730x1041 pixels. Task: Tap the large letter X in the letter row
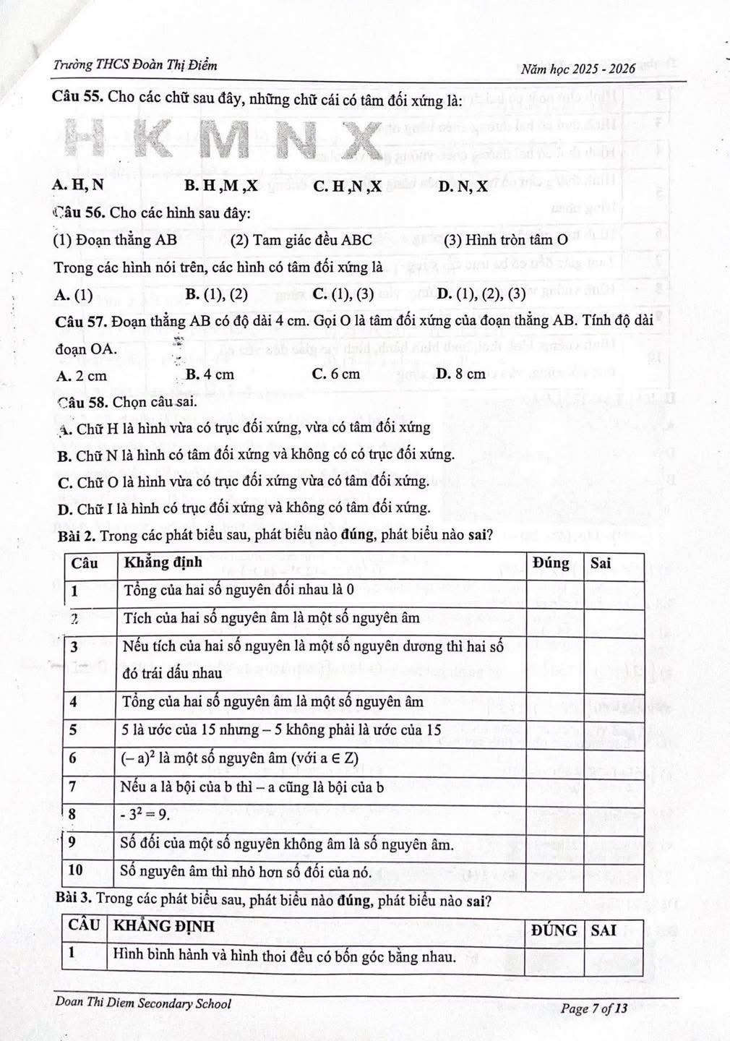coord(357,140)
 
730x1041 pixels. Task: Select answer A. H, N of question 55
coord(79,185)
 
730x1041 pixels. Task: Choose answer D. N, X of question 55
coord(463,187)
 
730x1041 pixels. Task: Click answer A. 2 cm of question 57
coord(81,375)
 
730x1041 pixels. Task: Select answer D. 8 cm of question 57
coord(461,374)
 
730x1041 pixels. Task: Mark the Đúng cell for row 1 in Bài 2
coord(554,590)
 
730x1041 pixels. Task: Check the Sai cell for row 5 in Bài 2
coord(614,729)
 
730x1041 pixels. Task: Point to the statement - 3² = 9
coord(146,815)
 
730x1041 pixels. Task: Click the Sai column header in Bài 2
coord(601,562)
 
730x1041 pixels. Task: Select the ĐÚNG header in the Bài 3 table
coord(554,930)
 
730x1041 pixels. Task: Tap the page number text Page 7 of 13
coord(594,1008)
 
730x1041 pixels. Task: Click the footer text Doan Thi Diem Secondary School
coord(143,1003)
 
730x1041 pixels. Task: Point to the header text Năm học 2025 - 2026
coord(577,69)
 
